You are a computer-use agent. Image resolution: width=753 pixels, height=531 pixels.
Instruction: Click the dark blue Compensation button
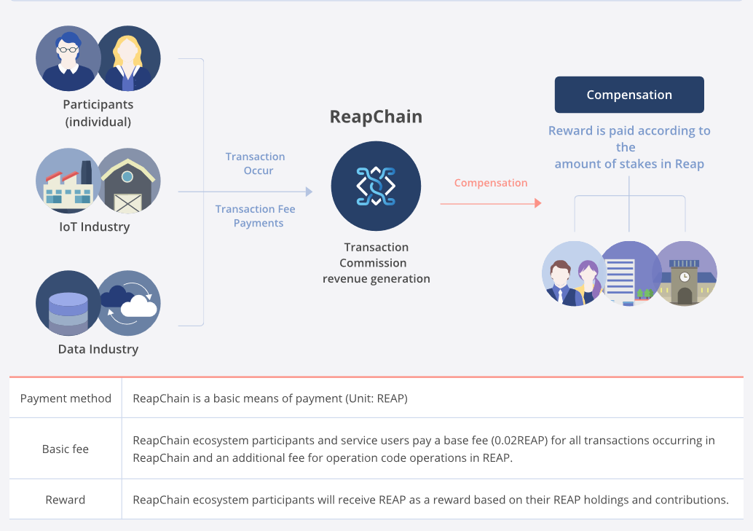[629, 95]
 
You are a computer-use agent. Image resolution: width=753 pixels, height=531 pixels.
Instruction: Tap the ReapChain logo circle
[376, 186]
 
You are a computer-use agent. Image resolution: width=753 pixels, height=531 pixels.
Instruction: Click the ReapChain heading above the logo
[376, 117]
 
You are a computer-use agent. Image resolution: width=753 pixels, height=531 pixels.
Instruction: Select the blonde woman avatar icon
[129, 58]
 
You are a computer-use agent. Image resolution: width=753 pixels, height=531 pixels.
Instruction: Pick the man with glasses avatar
[68, 58]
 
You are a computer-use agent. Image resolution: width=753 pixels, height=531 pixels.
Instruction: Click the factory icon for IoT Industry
[68, 181]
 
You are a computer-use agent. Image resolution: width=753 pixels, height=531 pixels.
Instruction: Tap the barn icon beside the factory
[129, 181]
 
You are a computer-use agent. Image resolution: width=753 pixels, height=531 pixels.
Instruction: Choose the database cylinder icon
[68, 303]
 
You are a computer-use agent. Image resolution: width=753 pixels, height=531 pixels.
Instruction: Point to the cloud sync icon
[129, 303]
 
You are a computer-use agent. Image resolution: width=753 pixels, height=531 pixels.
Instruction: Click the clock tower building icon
[685, 273]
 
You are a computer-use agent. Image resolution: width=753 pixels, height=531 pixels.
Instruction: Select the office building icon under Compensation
[629, 273]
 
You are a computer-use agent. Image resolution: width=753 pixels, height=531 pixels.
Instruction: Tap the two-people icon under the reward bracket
[574, 273]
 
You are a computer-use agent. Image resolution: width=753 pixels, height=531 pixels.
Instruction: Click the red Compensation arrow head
[538, 203]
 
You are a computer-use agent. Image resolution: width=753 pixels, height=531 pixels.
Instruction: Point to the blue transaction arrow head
[310, 192]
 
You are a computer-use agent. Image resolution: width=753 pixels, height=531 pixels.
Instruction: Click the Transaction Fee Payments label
[256, 216]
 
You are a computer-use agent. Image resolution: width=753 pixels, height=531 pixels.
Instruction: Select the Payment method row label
[66, 398]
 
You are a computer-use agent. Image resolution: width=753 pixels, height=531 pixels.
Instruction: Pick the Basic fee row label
[66, 449]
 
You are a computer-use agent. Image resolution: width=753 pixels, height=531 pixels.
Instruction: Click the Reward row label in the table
[66, 500]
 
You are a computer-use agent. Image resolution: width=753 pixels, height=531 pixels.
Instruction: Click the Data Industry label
[98, 350]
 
